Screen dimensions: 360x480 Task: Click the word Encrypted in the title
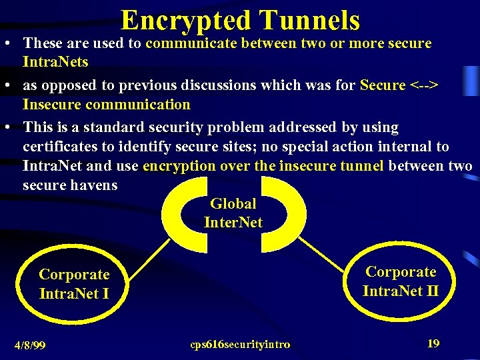[x=181, y=20]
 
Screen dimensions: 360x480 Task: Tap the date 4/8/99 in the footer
[x=31, y=345]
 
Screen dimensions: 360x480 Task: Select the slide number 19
[x=433, y=343]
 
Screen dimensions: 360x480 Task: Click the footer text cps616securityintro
[x=240, y=345]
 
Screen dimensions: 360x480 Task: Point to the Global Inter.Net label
[x=233, y=213]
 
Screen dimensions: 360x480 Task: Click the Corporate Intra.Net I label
[x=74, y=283]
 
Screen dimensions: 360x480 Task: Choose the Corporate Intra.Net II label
[x=401, y=281]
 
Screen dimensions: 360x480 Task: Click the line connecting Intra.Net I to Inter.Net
[x=151, y=257]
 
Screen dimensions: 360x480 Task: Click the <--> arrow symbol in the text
[x=425, y=85]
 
